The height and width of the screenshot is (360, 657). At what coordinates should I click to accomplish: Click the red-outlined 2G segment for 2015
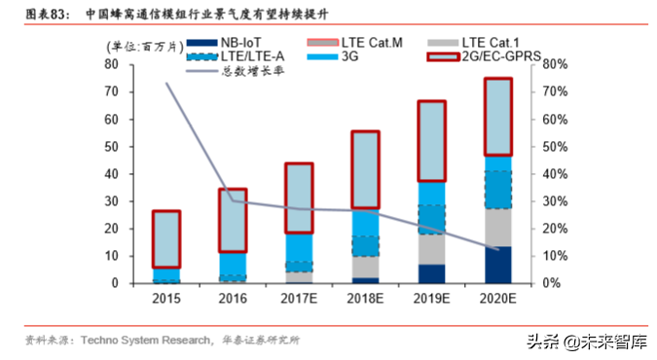(x=166, y=238)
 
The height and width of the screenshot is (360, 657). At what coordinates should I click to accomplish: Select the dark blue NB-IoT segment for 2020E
(x=498, y=265)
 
